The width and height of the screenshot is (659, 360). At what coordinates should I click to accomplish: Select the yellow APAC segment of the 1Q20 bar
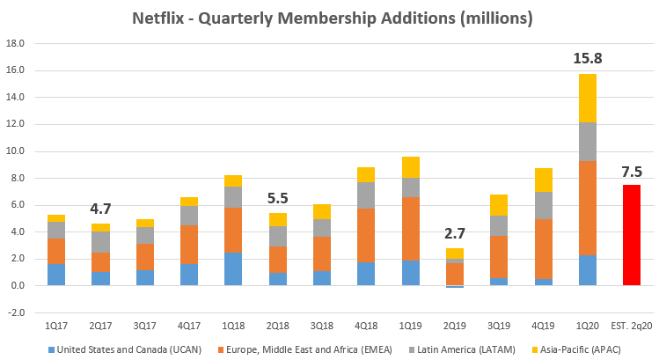589,99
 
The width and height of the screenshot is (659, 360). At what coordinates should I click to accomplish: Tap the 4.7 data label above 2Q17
99,209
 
